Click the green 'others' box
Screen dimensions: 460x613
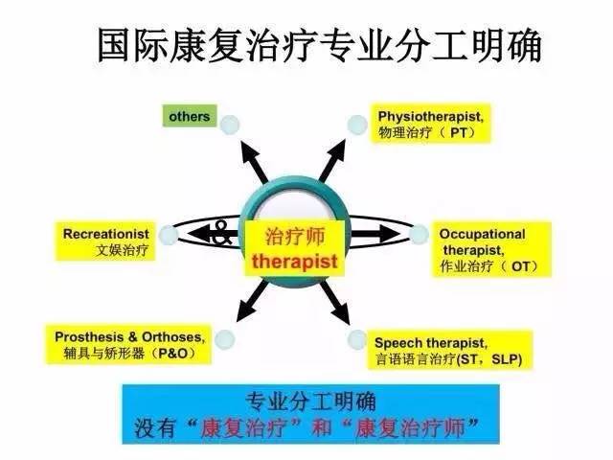point(190,117)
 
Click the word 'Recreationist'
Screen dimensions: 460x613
point(103,233)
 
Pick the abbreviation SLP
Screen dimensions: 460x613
point(511,359)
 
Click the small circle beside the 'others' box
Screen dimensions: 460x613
point(228,124)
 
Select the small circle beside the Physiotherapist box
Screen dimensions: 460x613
point(357,124)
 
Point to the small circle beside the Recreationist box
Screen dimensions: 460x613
point(169,232)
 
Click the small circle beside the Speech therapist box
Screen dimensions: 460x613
point(357,339)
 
